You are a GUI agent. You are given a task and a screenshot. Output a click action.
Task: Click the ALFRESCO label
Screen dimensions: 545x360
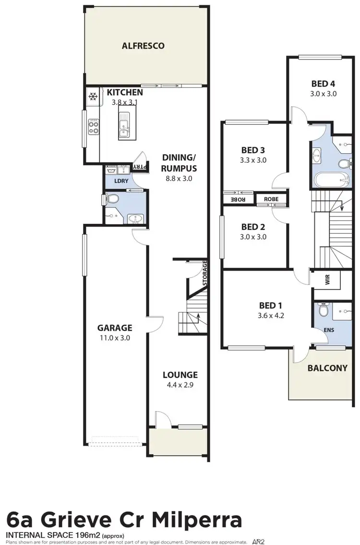pyautogui.click(x=143, y=46)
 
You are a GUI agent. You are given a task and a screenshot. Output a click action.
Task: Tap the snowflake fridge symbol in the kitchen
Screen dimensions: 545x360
pyautogui.click(x=93, y=97)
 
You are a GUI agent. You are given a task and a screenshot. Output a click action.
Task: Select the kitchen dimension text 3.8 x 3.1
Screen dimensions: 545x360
pyautogui.click(x=124, y=102)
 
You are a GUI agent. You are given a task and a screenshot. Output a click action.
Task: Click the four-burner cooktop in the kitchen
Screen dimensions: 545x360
pyautogui.click(x=93, y=128)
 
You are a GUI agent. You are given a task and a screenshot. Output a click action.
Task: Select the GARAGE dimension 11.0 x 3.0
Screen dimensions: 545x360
pyautogui.click(x=114, y=338)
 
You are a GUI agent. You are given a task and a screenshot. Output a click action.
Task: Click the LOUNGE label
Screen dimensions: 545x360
pyautogui.click(x=180, y=375)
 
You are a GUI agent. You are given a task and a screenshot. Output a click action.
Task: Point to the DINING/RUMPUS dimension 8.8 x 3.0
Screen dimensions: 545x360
pyautogui.click(x=180, y=179)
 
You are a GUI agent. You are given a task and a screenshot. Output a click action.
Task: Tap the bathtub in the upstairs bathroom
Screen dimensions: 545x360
pyautogui.click(x=332, y=181)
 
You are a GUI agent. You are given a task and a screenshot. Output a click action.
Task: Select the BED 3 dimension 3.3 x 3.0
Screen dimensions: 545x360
pyautogui.click(x=253, y=160)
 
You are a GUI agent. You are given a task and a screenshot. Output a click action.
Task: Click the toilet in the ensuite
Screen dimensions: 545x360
pyautogui.click(x=323, y=312)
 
